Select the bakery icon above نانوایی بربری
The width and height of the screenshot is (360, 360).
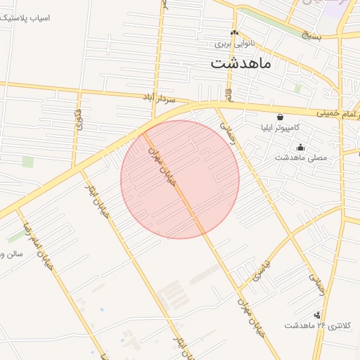click(234, 32)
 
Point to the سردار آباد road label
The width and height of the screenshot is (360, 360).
click(158, 98)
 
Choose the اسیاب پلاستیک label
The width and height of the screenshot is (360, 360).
click(25, 16)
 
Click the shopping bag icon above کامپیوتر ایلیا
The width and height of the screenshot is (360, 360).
click(281, 117)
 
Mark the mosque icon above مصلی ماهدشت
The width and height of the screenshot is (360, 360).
click(301, 147)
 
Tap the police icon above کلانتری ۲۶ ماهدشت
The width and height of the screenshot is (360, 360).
click(318, 314)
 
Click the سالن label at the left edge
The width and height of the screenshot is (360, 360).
click(11, 254)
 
